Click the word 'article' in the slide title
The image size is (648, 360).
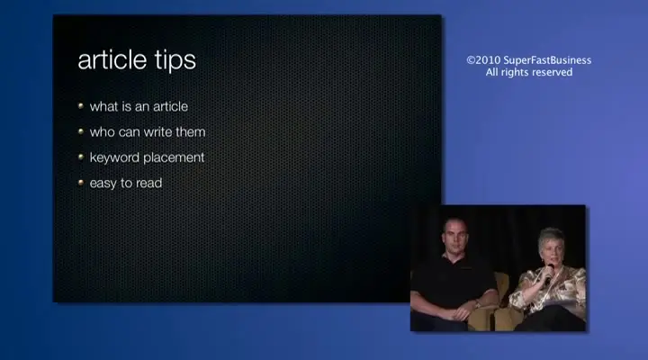tap(112, 60)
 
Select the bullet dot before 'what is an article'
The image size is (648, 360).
tap(81, 106)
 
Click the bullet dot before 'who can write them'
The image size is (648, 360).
tap(81, 131)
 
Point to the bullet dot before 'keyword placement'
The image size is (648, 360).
tap(81, 157)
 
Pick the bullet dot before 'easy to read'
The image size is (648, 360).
tap(81, 183)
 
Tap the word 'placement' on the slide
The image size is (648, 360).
tap(174, 157)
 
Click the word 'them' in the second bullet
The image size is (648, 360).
tap(191, 132)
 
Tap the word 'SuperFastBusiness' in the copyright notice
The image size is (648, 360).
tap(547, 60)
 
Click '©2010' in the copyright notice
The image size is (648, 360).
tap(483, 60)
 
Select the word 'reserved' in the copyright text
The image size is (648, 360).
tap(552, 72)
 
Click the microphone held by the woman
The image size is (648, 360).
tap(549, 273)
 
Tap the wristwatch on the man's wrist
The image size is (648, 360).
tap(477, 304)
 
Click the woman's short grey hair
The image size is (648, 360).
tap(551, 237)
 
